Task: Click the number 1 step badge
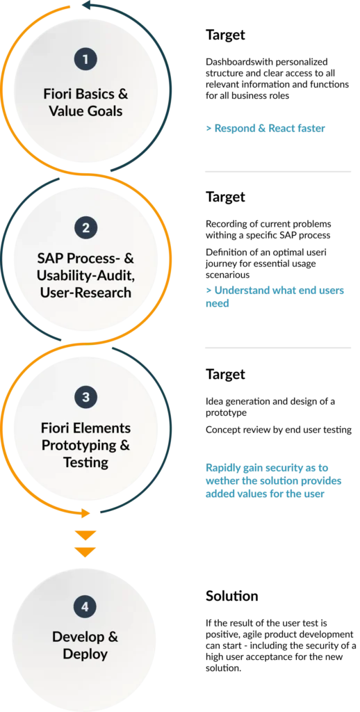[85, 59]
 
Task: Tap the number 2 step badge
[85, 228]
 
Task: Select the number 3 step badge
[85, 397]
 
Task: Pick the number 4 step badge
[85, 607]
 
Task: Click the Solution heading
[231, 596]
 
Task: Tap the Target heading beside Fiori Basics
[225, 35]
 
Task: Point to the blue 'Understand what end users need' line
[275, 296]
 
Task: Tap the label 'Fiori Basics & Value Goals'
[85, 103]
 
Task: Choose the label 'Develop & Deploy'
[85, 645]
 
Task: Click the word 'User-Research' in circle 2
[85, 293]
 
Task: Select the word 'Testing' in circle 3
[85, 462]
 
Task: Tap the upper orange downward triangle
[85, 535]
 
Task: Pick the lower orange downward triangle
[85, 552]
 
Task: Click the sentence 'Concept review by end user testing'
[278, 430]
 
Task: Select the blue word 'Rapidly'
[223, 468]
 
